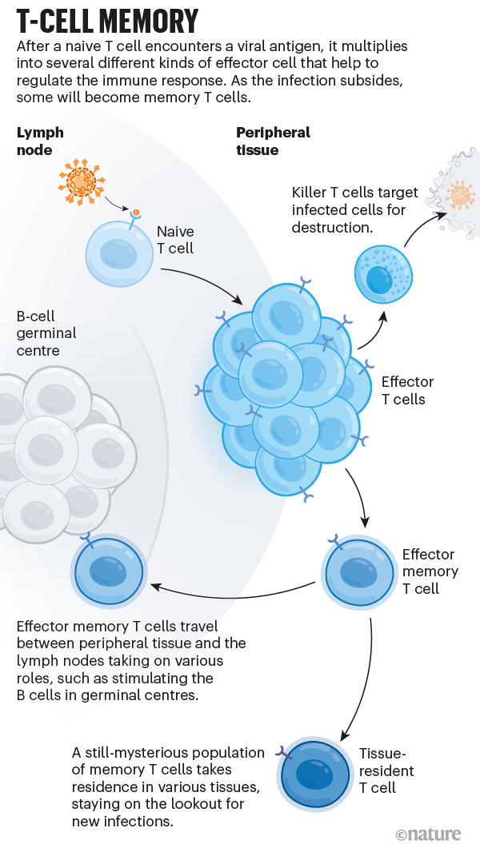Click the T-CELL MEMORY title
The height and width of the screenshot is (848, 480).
click(108, 20)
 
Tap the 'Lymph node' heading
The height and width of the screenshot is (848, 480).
click(40, 141)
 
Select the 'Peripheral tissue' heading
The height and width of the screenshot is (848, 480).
click(273, 141)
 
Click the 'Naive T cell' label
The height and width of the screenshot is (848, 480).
click(175, 240)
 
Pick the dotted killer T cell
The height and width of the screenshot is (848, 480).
click(383, 275)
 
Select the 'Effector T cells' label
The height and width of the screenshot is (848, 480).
click(407, 390)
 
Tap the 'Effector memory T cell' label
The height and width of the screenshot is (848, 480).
click(430, 571)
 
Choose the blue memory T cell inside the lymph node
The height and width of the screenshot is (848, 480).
click(108, 572)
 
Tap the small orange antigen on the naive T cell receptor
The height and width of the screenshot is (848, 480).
click(137, 213)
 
